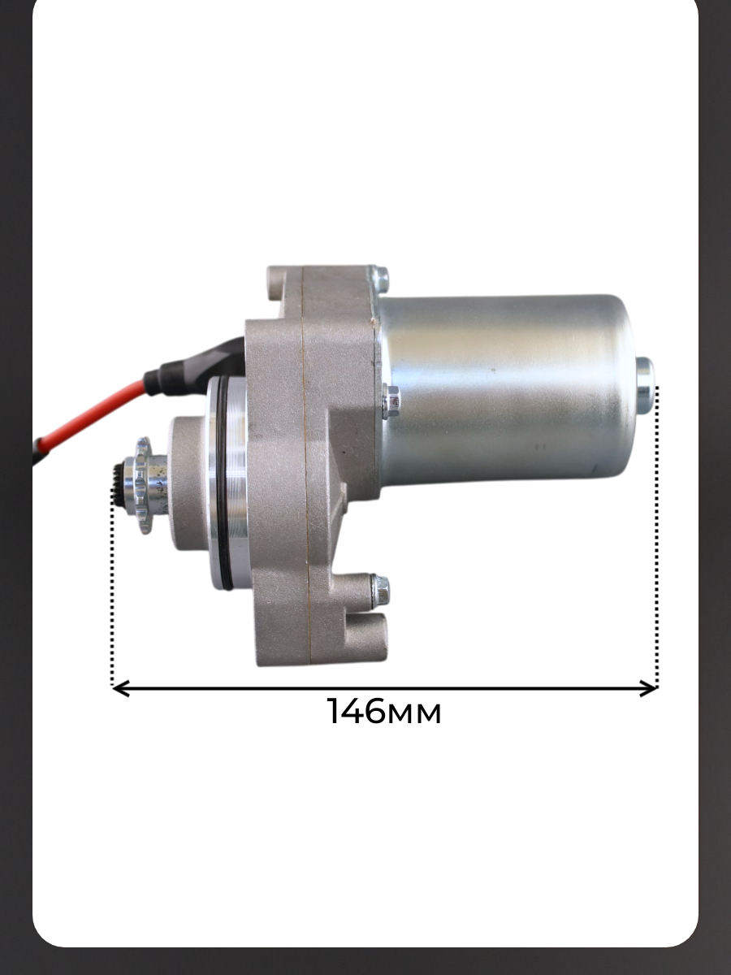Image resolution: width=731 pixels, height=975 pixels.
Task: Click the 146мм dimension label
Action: (x=384, y=711)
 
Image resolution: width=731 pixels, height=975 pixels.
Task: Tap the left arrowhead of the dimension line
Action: (x=120, y=688)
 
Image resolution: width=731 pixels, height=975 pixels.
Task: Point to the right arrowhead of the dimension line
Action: (x=648, y=688)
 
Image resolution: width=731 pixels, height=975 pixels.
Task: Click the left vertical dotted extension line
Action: (x=112, y=587)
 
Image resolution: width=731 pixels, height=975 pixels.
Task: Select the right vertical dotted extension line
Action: (x=656, y=536)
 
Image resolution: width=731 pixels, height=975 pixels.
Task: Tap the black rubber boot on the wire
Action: (x=195, y=363)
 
